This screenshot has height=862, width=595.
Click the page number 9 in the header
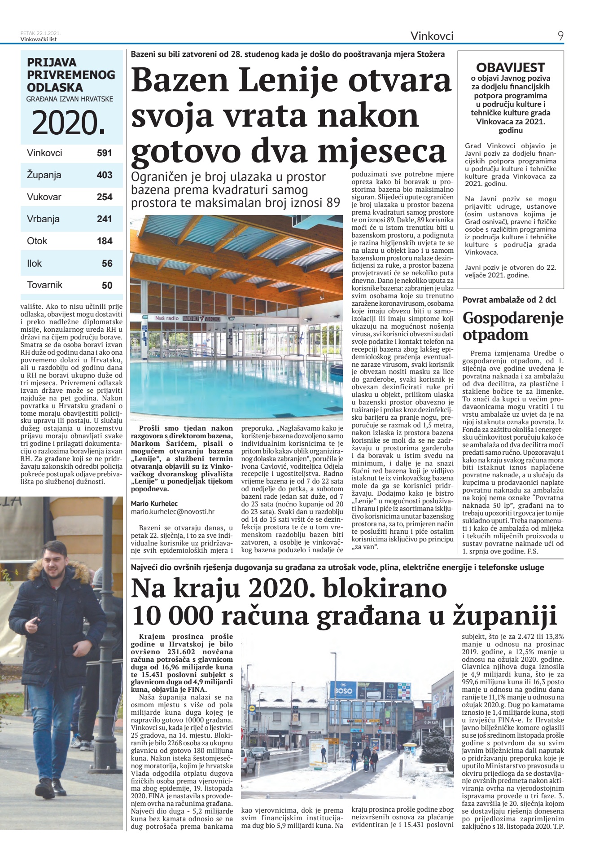point(560,36)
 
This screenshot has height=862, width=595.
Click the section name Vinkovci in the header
point(432,36)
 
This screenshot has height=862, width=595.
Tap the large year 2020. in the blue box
point(69,123)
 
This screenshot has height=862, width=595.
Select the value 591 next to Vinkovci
point(104,153)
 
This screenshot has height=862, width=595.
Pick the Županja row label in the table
point(44,175)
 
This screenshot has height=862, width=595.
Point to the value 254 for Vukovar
point(104,197)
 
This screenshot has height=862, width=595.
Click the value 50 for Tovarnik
point(107,285)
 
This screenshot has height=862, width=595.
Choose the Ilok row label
point(34,264)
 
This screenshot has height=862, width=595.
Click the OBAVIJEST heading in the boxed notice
point(510,68)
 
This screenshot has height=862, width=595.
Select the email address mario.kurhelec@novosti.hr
point(172,511)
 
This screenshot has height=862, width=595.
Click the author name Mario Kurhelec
point(154,504)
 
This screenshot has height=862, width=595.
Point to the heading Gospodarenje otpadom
point(512,326)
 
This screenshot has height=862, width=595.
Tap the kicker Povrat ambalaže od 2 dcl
point(509,300)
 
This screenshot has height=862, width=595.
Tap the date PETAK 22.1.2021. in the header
point(40,33)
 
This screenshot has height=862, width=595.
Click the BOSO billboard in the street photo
point(343,690)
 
